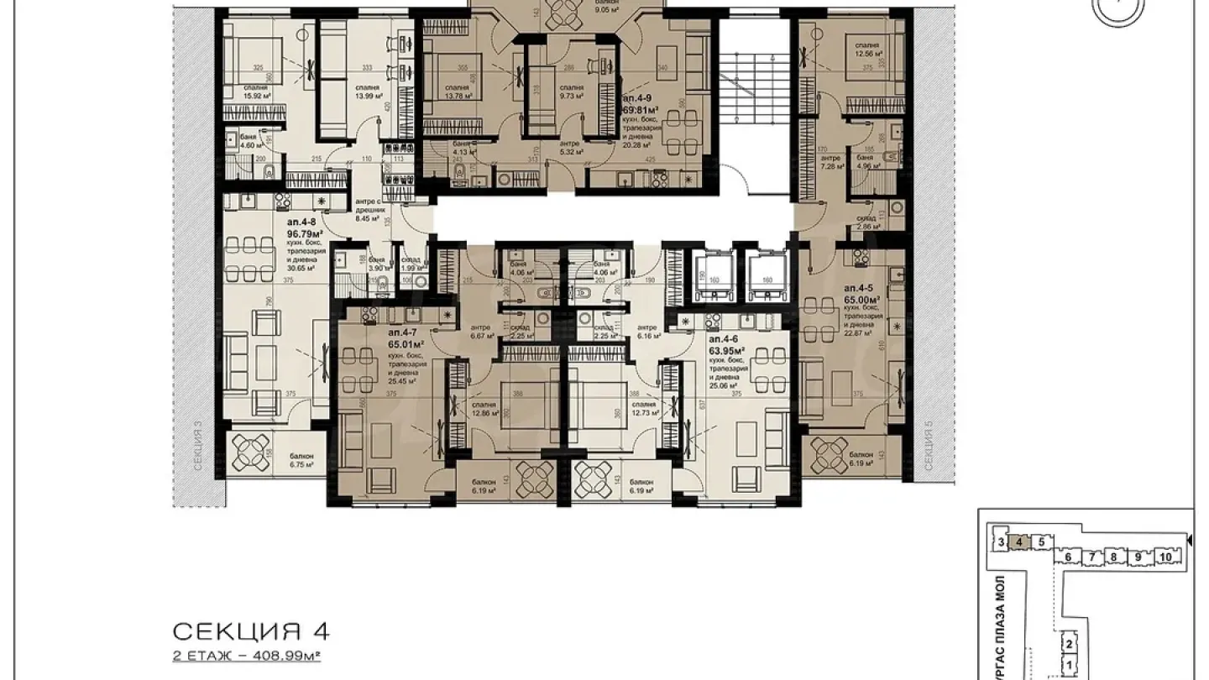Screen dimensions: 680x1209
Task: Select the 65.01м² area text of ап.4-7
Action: (406, 343)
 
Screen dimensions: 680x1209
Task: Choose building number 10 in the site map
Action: (1165, 557)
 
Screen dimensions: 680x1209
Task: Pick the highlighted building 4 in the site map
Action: (1018, 542)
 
